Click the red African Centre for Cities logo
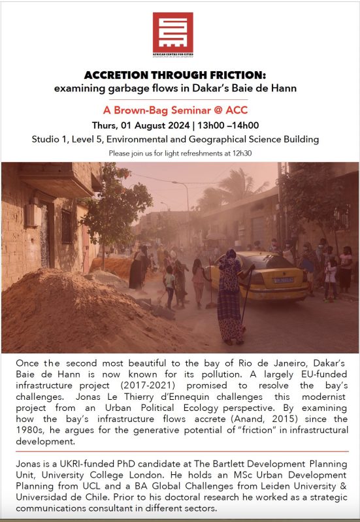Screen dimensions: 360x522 (172, 33)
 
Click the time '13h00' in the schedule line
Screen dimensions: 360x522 (219, 125)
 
